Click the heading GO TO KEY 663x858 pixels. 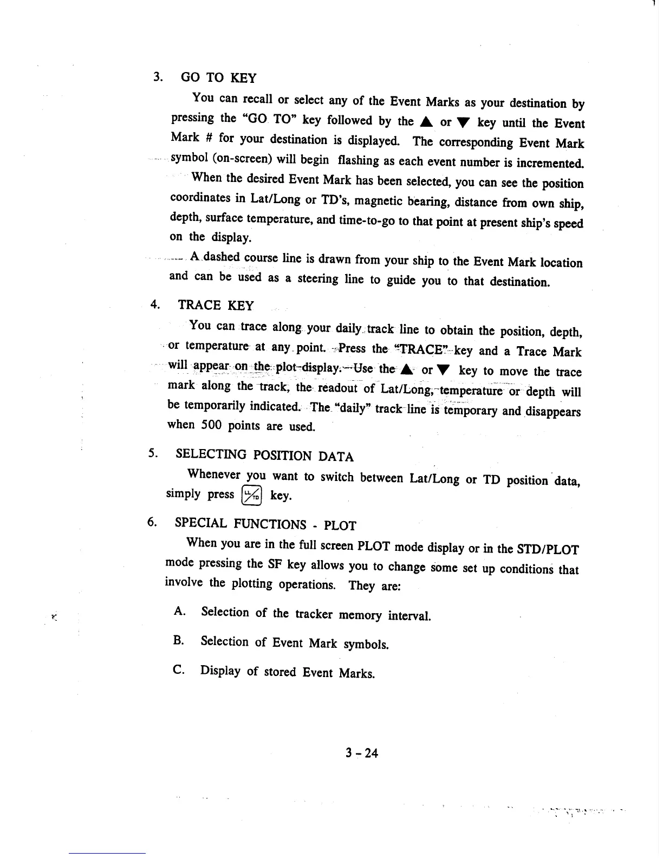[x=218, y=78]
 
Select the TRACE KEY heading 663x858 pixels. [x=216, y=305]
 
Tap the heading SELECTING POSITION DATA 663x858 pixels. [x=265, y=456]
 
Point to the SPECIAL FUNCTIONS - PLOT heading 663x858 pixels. [x=265, y=524]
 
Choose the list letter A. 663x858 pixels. [x=180, y=612]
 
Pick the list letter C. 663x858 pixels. [x=179, y=669]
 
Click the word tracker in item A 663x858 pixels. [x=314, y=614]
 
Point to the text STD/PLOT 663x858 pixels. [x=549, y=550]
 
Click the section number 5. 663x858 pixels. [x=152, y=452]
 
